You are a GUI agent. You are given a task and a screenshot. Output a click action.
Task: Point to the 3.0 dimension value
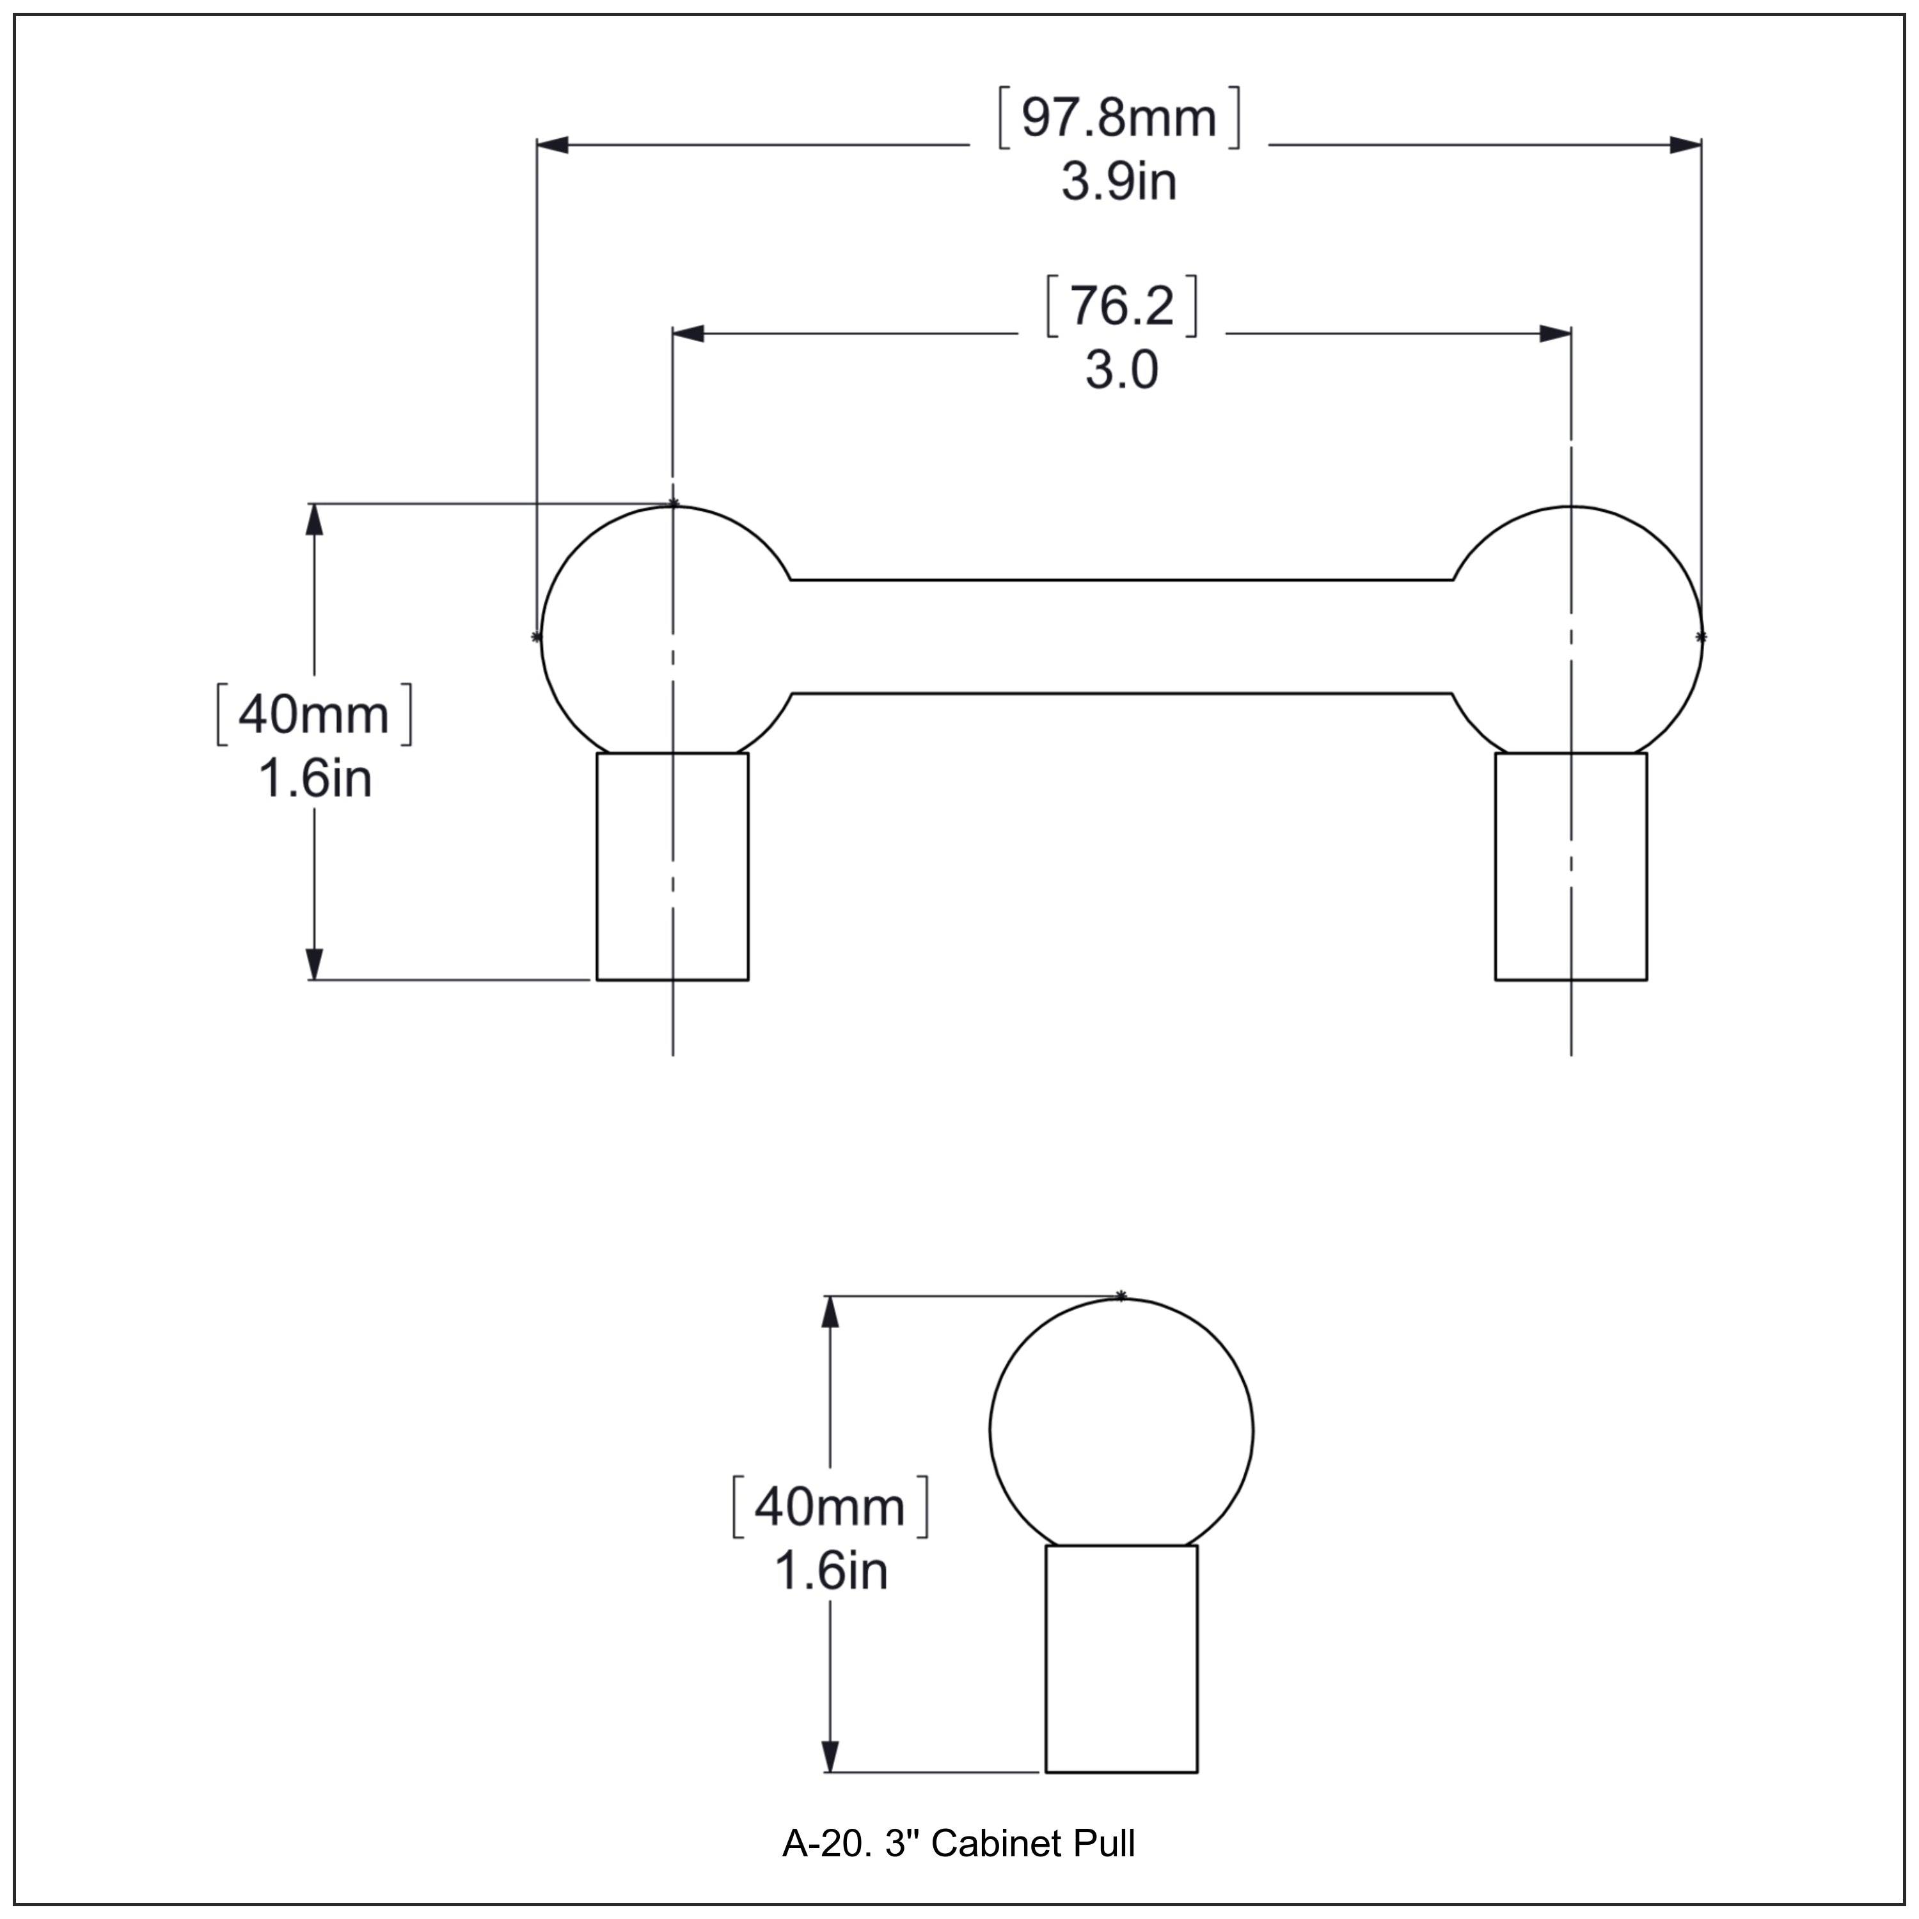[x=1121, y=372]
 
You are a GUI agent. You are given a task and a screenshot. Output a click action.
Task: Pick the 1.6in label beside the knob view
[x=830, y=1572]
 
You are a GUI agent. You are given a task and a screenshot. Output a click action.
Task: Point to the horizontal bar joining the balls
[x=1121, y=636]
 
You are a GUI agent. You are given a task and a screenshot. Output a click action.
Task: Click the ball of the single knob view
[x=1121, y=1430]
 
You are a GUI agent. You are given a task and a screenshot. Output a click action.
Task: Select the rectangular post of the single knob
[x=1121, y=1659]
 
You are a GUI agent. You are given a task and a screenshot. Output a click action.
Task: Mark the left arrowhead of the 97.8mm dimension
[x=552, y=145]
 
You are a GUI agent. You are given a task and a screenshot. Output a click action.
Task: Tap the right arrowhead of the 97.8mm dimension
[x=1686, y=145]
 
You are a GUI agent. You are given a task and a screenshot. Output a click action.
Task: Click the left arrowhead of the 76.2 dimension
[x=688, y=334]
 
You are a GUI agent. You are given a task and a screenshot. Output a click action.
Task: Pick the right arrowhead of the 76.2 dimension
[x=1556, y=334]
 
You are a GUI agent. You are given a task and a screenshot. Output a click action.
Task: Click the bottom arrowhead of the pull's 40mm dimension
[x=314, y=963]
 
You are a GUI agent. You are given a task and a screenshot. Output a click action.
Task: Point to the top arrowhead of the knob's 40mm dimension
[x=830, y=1313]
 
